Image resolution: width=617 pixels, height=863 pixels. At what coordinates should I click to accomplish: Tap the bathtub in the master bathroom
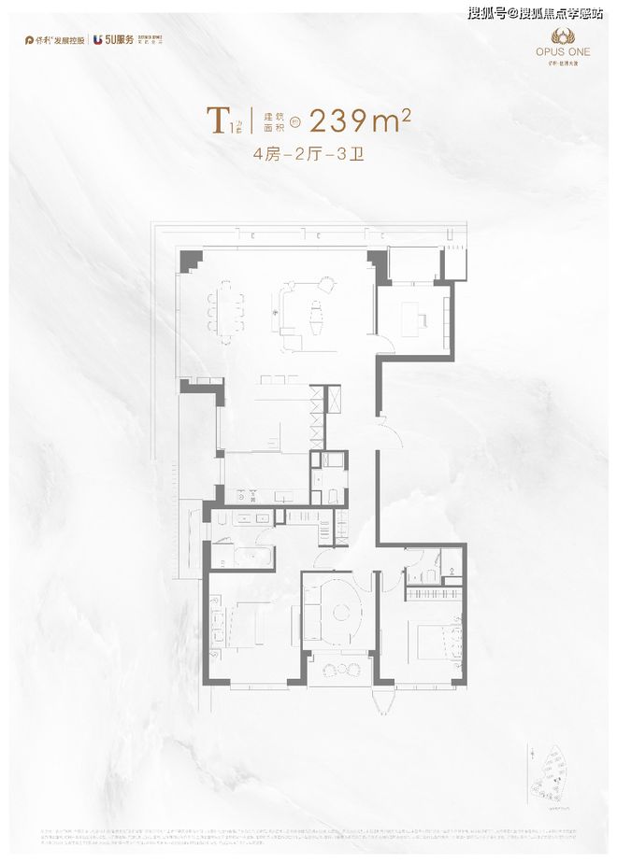click(242, 558)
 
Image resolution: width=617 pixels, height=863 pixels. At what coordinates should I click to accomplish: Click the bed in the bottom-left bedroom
click(247, 623)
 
